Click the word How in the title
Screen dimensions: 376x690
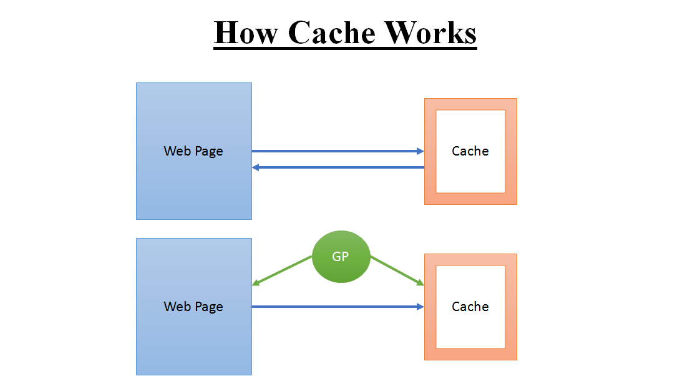[x=246, y=33]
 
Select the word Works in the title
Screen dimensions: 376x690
[x=430, y=33]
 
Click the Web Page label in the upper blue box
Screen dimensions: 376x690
[x=193, y=151]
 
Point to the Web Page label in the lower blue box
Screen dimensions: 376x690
[x=193, y=307]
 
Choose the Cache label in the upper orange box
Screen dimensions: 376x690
[x=470, y=151]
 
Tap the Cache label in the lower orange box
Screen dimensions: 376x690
[x=470, y=307]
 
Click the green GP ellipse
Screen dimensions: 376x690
[x=341, y=257]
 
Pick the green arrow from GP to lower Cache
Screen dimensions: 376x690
[x=397, y=270]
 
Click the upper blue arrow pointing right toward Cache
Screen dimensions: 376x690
[x=337, y=151]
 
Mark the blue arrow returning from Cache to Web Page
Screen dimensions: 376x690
[x=337, y=167]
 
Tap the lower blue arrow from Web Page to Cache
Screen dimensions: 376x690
[x=337, y=307]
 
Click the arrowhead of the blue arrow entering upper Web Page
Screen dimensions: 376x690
[x=255, y=167]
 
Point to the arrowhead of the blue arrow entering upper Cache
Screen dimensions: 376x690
[x=420, y=151]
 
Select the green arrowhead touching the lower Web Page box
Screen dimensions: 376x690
[x=256, y=284]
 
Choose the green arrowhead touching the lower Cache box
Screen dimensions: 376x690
[x=420, y=284]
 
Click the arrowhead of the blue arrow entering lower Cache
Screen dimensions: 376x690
[x=420, y=307]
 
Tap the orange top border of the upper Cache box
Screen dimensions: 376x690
[x=470, y=104]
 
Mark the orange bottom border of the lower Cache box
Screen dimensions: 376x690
[x=470, y=354]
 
